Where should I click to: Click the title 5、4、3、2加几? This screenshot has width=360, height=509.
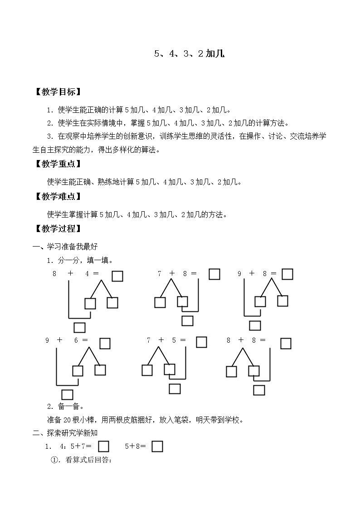pyautogui.click(x=189, y=54)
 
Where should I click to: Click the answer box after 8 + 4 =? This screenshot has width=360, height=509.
pyautogui.click(x=117, y=276)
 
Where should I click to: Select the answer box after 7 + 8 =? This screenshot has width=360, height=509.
pyautogui.click(x=214, y=274)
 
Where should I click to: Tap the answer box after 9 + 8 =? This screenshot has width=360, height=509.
pyautogui.click(x=287, y=274)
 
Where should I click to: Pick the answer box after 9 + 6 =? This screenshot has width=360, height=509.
pyautogui.click(x=105, y=344)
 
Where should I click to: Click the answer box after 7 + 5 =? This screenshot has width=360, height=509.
pyautogui.click(x=202, y=342)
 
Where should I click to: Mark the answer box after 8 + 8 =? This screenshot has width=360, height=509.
pyautogui.click(x=286, y=344)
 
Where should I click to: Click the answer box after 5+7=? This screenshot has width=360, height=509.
pyautogui.click(x=104, y=446)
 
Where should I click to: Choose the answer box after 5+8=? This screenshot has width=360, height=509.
pyautogui.click(x=157, y=446)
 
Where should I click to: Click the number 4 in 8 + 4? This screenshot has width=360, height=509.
pyautogui.click(x=87, y=273)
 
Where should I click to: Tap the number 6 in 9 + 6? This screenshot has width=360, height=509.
pyautogui.click(x=76, y=340)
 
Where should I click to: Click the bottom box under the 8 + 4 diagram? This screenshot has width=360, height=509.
pyautogui.click(x=80, y=327)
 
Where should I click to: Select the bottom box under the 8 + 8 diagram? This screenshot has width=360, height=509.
pyautogui.click(x=259, y=390)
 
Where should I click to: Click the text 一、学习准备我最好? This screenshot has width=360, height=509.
pyautogui.click(x=65, y=247)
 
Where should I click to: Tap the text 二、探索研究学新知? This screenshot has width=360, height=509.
pyautogui.click(x=65, y=433)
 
